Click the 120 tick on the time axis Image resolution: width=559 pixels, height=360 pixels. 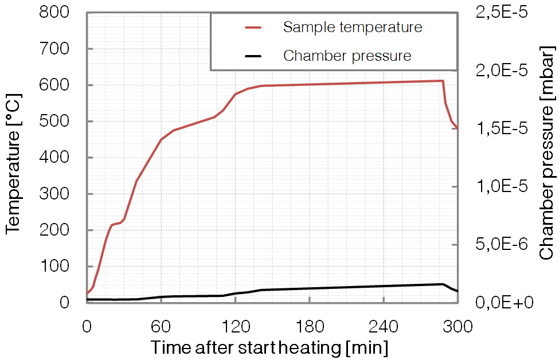click(x=235, y=327)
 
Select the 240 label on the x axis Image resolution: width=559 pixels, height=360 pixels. click(x=384, y=327)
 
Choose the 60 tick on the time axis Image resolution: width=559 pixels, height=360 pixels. click(x=161, y=327)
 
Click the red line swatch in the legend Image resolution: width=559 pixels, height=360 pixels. click(x=253, y=27)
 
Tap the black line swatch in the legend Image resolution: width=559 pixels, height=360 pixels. click(x=253, y=56)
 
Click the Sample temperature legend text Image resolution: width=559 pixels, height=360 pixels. click(x=353, y=27)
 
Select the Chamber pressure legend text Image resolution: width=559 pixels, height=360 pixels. click(x=347, y=56)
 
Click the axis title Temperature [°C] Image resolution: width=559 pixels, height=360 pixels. click(x=14, y=158)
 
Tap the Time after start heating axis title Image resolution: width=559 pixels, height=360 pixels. click(x=269, y=347)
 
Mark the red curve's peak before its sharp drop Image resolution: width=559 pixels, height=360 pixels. click(x=442, y=81)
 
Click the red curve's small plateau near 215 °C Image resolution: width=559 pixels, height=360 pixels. click(x=116, y=224)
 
